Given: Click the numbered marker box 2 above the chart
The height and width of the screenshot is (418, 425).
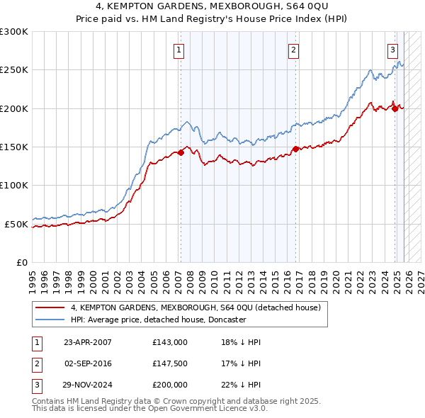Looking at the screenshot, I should coord(293,50).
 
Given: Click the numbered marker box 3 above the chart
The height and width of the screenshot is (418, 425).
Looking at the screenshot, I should coord(392,50).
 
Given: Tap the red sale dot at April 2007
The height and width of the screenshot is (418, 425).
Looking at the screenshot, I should coord(181,152).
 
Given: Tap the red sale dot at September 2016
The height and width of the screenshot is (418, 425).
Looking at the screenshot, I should coord(295,149).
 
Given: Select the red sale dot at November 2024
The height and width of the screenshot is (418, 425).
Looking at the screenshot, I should coord(395,108).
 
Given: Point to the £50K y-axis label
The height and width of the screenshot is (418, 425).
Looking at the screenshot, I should coord(16,224).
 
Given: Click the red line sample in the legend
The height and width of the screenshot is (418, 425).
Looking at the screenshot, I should coord(50,307).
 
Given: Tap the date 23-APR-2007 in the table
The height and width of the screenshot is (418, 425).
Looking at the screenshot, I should coord(88,342).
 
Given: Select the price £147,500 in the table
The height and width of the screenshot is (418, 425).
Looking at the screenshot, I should coord(170,363).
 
